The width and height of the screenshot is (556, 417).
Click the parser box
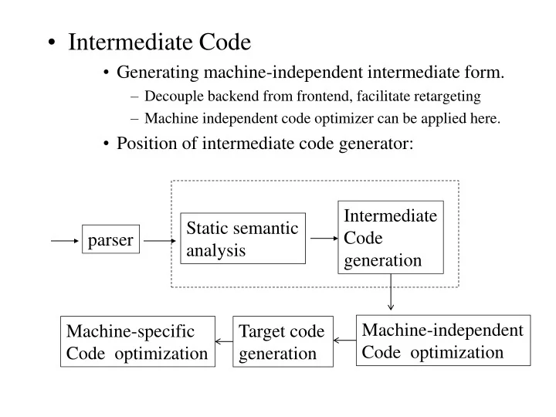coord(110,241)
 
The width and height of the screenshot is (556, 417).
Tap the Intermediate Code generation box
coord(391,238)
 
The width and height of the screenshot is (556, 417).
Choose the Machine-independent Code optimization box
coord(443,341)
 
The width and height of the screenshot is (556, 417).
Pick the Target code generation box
coord(282,342)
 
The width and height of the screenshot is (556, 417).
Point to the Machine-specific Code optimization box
coord(137,342)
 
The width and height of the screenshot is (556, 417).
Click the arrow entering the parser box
coord(66,241)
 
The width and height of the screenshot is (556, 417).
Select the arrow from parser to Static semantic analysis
coord(160,241)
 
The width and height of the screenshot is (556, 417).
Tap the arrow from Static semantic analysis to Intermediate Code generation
coord(323,239)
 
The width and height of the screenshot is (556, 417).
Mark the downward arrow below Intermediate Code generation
coord(391,293)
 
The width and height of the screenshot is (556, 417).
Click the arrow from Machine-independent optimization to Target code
coord(344,341)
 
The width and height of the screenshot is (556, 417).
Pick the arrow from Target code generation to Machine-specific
coord(223,341)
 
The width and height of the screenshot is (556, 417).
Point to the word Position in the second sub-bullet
coord(143,144)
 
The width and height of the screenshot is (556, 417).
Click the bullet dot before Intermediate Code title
coord(51,43)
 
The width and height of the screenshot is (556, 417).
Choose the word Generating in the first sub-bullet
coord(157,73)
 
